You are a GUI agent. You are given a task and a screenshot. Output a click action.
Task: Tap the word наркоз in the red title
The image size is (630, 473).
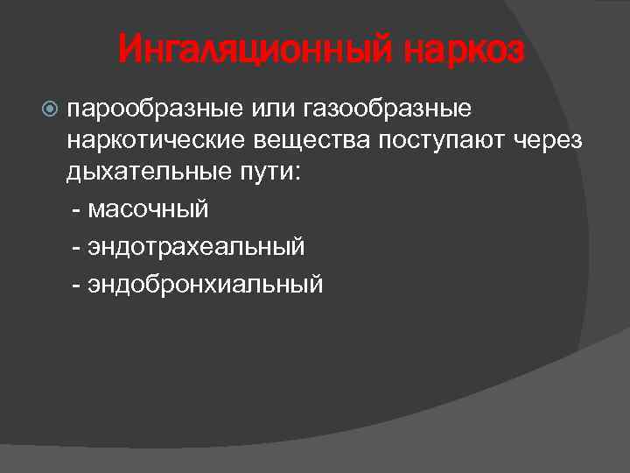pos(464,52)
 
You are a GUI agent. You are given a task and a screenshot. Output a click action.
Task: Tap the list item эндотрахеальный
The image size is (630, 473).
pos(196,247)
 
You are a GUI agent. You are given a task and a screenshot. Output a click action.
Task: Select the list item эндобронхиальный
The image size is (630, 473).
pos(205,285)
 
